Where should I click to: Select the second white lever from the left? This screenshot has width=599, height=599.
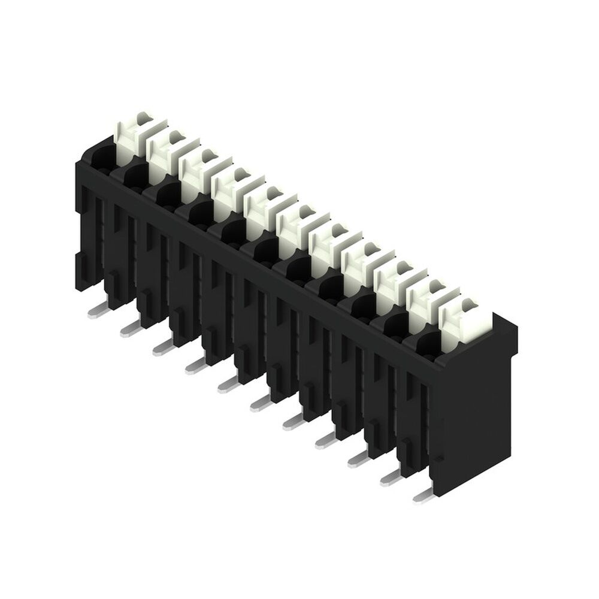[163, 152]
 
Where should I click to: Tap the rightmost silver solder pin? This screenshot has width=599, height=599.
[423, 494]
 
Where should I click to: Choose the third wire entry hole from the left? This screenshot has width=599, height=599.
[165, 194]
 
